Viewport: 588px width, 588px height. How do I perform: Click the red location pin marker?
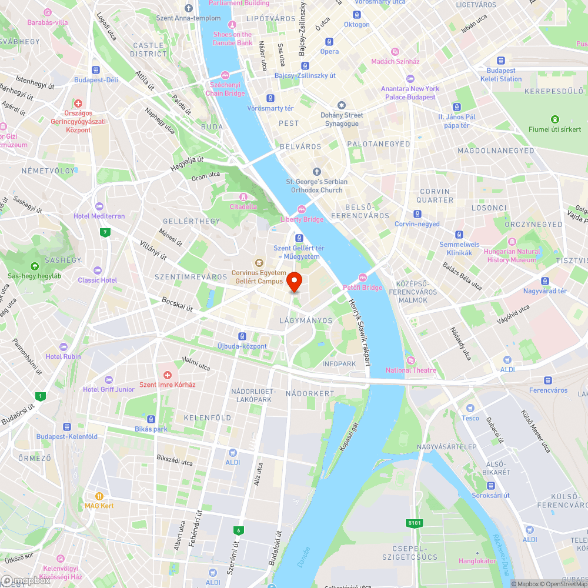pos(294,281)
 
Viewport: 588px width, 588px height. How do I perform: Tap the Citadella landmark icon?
pos(243,196)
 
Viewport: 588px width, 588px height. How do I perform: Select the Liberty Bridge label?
pos(302,219)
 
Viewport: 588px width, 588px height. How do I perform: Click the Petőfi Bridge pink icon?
pos(362,278)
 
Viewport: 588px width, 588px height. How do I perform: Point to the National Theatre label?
pos(411,370)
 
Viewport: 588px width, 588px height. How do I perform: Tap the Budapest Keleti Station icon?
pos(501,61)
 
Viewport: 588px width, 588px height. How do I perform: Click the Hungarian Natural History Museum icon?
pos(512,242)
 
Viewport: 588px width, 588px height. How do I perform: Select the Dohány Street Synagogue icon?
pos(341,105)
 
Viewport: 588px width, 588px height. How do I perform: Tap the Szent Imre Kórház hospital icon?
pos(167,375)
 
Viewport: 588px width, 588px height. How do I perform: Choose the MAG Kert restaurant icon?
pos(99,496)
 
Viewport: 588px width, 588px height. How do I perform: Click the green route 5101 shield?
pos(415,523)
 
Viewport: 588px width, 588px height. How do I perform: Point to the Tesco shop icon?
pos(470,408)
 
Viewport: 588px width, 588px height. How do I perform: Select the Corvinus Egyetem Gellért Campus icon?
pos(258,263)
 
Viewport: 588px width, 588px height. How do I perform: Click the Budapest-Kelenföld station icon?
pos(66,427)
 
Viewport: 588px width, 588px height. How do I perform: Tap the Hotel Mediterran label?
pos(99,216)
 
